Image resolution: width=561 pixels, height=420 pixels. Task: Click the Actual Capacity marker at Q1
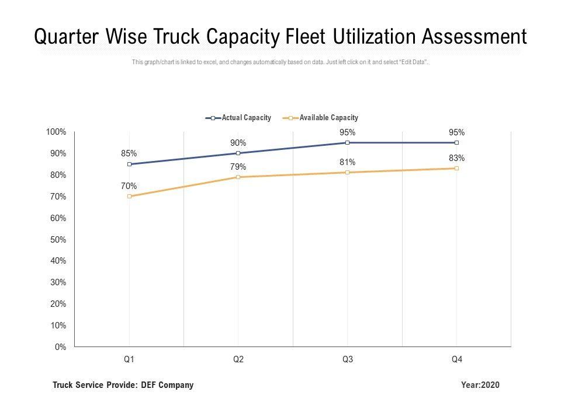[x=129, y=164]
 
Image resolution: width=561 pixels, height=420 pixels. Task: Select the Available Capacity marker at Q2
[x=238, y=177]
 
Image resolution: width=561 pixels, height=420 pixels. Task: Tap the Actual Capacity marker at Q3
[x=347, y=142]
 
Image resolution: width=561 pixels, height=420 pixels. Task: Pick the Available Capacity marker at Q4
[x=456, y=168]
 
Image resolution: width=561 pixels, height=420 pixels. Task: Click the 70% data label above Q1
[x=129, y=186]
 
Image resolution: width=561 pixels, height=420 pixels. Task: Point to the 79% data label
[x=238, y=167]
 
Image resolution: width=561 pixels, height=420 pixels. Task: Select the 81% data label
[x=347, y=162]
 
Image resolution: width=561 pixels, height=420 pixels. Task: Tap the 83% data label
[x=456, y=157]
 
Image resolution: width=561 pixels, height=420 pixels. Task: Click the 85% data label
[x=129, y=153]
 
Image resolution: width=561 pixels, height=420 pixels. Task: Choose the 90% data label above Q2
[x=238, y=143]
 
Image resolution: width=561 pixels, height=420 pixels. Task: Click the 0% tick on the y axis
[x=60, y=347]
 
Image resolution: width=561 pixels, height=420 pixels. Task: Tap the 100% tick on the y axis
[x=56, y=132]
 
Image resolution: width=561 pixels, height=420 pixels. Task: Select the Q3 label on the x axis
[x=347, y=360]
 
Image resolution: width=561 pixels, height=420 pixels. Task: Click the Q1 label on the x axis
[x=129, y=360]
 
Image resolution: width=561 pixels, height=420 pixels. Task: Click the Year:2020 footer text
[x=480, y=385]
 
